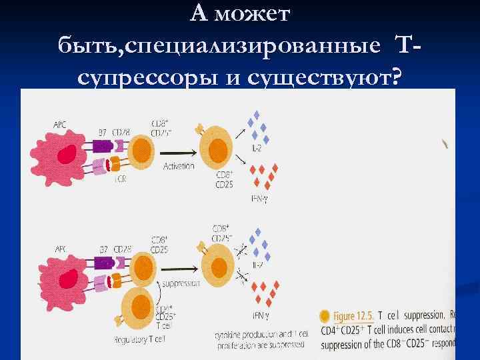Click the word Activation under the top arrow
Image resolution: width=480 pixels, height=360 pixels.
179,166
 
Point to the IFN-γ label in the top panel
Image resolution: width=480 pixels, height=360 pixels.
261,198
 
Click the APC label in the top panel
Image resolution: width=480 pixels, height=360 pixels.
61,124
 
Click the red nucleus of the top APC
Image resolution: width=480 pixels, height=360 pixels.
67,155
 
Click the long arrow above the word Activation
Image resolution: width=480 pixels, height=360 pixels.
179,151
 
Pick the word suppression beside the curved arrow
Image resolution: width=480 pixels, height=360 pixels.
181,283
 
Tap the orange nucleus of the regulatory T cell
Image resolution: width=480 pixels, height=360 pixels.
141,307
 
